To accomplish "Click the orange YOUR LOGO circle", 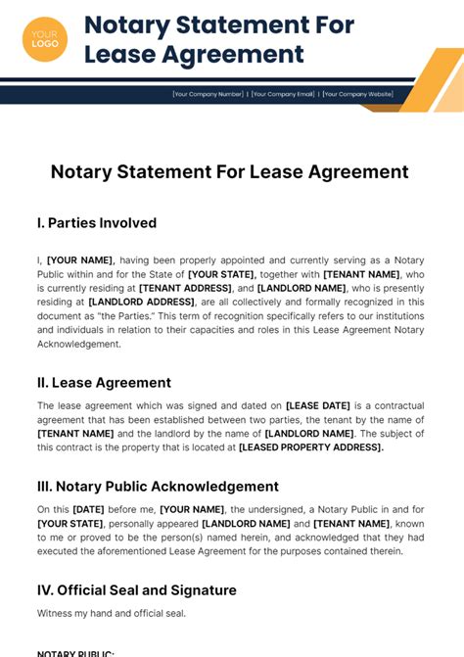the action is coord(45,39).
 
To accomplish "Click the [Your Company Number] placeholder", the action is coord(208,94).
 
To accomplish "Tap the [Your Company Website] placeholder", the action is coord(358,94).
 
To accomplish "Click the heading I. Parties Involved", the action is coord(97,223).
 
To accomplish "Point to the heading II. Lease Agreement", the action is coord(104,383).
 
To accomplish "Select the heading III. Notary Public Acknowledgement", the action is coord(158,487).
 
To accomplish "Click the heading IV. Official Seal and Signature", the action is coord(137,590).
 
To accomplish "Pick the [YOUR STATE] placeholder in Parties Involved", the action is coord(221,275).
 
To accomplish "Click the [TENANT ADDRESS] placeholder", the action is coord(184,289).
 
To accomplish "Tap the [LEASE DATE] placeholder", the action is coord(318,405).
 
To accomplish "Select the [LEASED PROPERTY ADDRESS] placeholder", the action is coord(311,447).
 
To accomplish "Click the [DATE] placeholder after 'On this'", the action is coord(89,509).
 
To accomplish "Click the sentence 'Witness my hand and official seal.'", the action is coord(112,614).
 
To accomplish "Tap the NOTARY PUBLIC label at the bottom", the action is coord(75,653).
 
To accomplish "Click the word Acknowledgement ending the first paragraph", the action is coord(78,345).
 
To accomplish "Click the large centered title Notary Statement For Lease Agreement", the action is coord(230,172).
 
